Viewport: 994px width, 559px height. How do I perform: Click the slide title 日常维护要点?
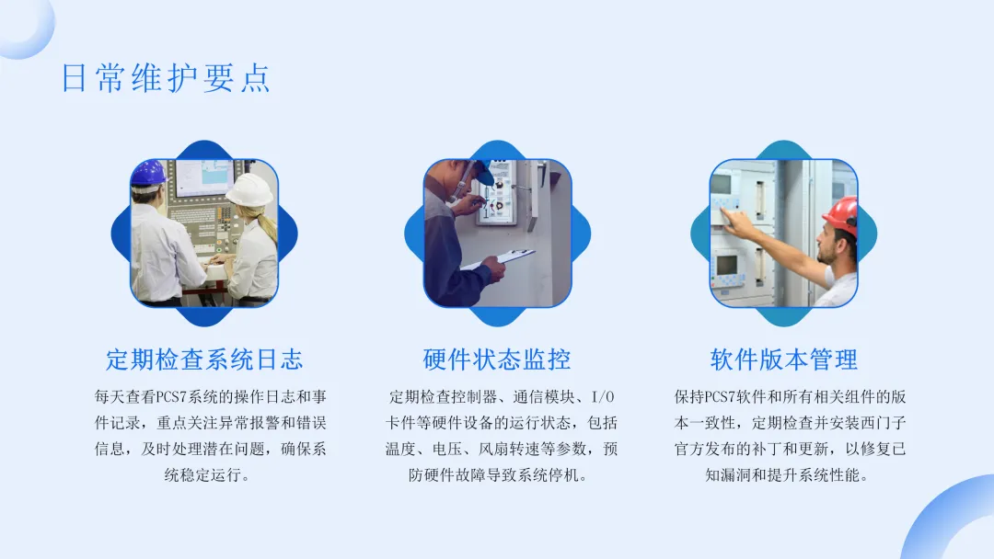coord(166,78)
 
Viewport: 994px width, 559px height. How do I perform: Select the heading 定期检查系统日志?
coord(204,359)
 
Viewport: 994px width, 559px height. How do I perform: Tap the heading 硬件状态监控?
coord(497,359)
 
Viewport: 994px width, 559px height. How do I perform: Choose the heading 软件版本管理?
coord(783,359)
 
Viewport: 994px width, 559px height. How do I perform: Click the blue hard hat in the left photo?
coord(148,172)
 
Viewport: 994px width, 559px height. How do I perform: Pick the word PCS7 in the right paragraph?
coord(720,397)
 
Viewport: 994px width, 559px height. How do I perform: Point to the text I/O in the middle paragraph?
coord(603,397)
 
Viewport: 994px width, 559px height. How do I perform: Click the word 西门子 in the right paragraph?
coord(883,423)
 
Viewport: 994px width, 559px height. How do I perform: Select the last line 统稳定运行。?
coord(207,474)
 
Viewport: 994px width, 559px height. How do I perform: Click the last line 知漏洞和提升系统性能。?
coord(787,474)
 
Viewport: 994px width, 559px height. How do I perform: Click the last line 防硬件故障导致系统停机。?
coord(498,474)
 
